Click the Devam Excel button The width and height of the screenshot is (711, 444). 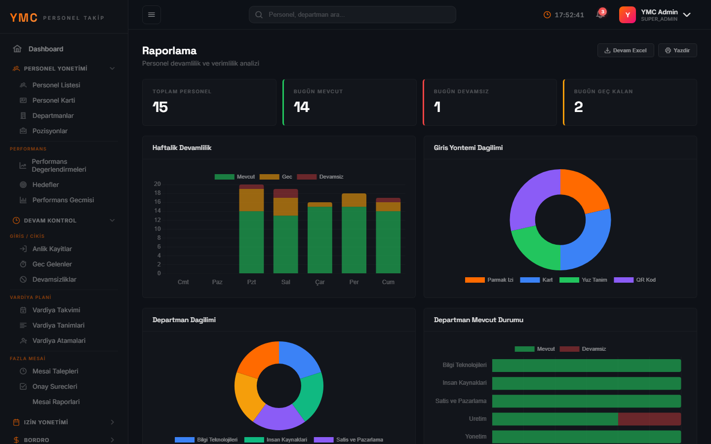[x=625, y=50]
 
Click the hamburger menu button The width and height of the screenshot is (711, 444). [x=152, y=15]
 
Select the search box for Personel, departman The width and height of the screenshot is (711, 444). [x=353, y=15]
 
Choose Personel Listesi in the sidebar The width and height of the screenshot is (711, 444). [x=56, y=85]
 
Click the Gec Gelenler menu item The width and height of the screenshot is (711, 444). [x=52, y=264]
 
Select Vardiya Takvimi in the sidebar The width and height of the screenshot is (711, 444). [x=56, y=310]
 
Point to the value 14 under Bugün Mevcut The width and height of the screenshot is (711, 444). [x=301, y=107]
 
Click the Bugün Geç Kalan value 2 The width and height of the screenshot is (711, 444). [x=578, y=107]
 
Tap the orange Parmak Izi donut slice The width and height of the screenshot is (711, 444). [x=583, y=190]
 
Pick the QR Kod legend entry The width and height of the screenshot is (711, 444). [x=634, y=280]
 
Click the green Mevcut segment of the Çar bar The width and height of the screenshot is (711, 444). [x=319, y=240]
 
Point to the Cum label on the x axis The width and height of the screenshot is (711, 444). [x=388, y=282]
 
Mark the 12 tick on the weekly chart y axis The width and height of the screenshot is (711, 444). [x=158, y=220]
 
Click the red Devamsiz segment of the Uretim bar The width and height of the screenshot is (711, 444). [x=649, y=419]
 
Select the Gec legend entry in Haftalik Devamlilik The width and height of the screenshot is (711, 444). [x=276, y=177]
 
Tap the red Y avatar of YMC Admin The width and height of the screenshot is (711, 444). [x=627, y=15]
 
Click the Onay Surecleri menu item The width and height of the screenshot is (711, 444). [x=55, y=387]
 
